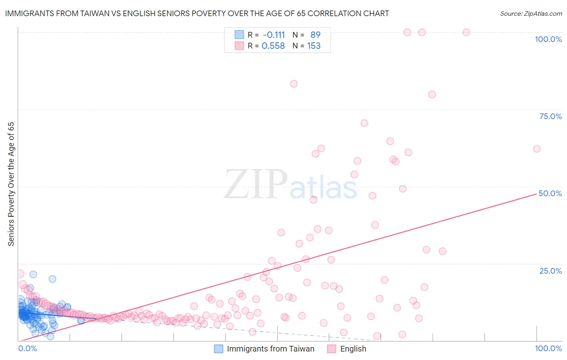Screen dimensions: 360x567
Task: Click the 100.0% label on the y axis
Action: point(548,39)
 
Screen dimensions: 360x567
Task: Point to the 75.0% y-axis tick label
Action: point(550,116)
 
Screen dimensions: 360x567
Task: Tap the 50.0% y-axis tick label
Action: point(550,193)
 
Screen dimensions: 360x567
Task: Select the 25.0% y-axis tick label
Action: point(550,271)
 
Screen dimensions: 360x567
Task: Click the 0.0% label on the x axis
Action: point(27,348)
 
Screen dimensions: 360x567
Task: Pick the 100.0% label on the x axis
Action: point(548,348)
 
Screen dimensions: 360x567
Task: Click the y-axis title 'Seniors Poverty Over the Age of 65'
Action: point(11,184)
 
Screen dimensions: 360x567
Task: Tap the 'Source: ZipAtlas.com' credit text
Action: point(531,13)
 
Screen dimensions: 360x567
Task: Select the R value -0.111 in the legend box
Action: point(273,35)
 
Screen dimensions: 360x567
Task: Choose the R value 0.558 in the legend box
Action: point(273,46)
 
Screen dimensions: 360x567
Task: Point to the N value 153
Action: point(314,46)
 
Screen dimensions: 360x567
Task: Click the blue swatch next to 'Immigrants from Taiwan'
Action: point(219,349)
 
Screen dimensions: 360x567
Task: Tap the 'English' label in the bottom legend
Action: point(353,349)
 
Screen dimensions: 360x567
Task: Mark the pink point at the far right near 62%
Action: point(537,149)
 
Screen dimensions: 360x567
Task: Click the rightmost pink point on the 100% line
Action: point(466,32)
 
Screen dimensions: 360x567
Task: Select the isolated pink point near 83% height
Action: point(294,84)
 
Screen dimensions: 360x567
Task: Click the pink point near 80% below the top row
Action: point(432,94)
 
